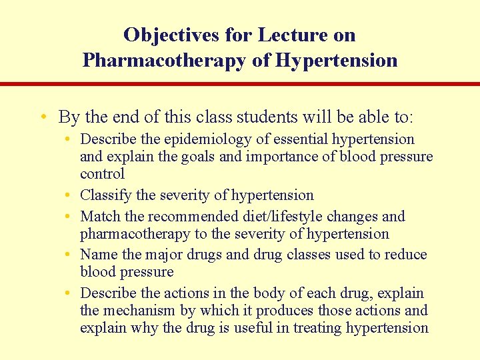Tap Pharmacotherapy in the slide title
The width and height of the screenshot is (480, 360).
(x=158, y=61)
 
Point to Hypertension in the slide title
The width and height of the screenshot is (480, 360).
(x=336, y=61)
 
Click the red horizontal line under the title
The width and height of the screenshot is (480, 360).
(x=240, y=84)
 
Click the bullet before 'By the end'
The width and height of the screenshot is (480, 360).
(x=43, y=118)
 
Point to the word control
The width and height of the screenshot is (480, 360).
(x=102, y=174)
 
